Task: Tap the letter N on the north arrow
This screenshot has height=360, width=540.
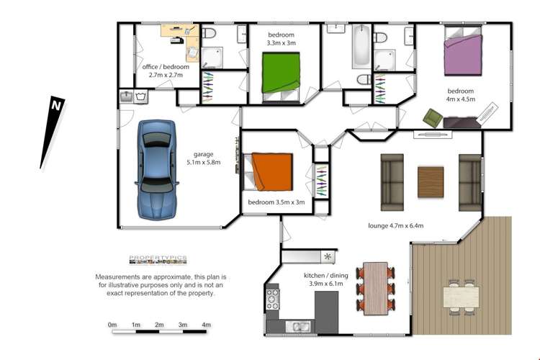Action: coord(55,105)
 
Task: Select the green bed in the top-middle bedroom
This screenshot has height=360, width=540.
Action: coord(280,76)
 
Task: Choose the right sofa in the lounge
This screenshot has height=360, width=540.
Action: coord(469,181)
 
